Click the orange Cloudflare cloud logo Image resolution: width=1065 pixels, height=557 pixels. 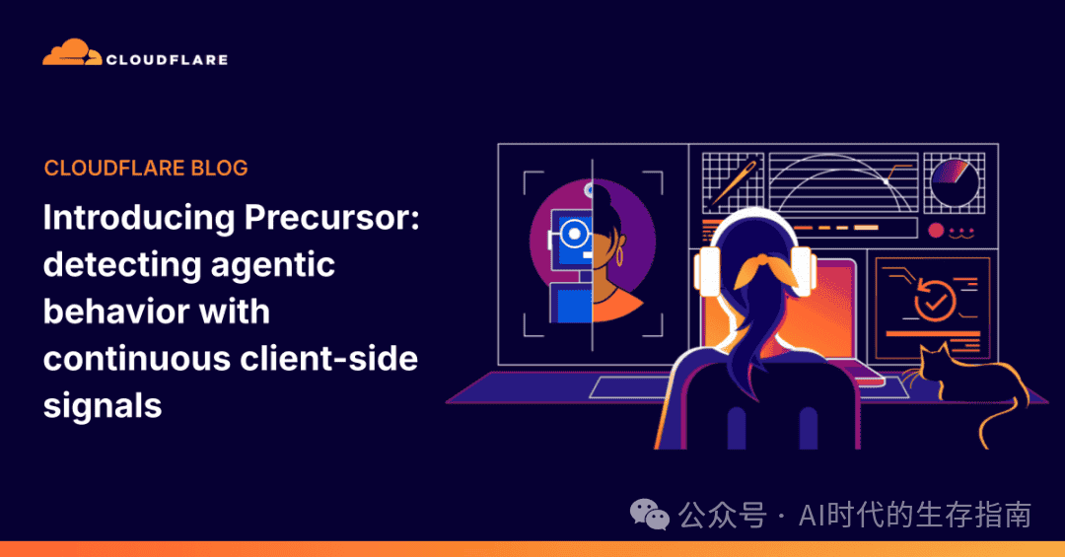click(x=72, y=53)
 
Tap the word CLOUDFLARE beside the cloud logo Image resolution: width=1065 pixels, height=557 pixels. click(x=167, y=60)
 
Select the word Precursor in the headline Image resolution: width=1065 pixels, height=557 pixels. click(x=331, y=217)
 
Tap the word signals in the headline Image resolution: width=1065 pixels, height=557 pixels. click(x=103, y=406)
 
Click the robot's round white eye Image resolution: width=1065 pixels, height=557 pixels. click(x=574, y=234)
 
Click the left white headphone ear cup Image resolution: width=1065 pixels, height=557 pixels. click(x=708, y=272)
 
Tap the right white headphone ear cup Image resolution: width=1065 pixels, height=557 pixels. click(x=801, y=271)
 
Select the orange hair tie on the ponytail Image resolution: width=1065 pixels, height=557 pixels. click(x=765, y=270)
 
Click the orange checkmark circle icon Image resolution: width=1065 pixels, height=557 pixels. click(x=935, y=300)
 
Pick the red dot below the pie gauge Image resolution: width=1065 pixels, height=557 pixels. click(x=936, y=231)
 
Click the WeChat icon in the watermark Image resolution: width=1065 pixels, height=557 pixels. click(x=649, y=515)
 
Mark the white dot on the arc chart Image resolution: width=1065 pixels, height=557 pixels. click(x=887, y=182)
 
